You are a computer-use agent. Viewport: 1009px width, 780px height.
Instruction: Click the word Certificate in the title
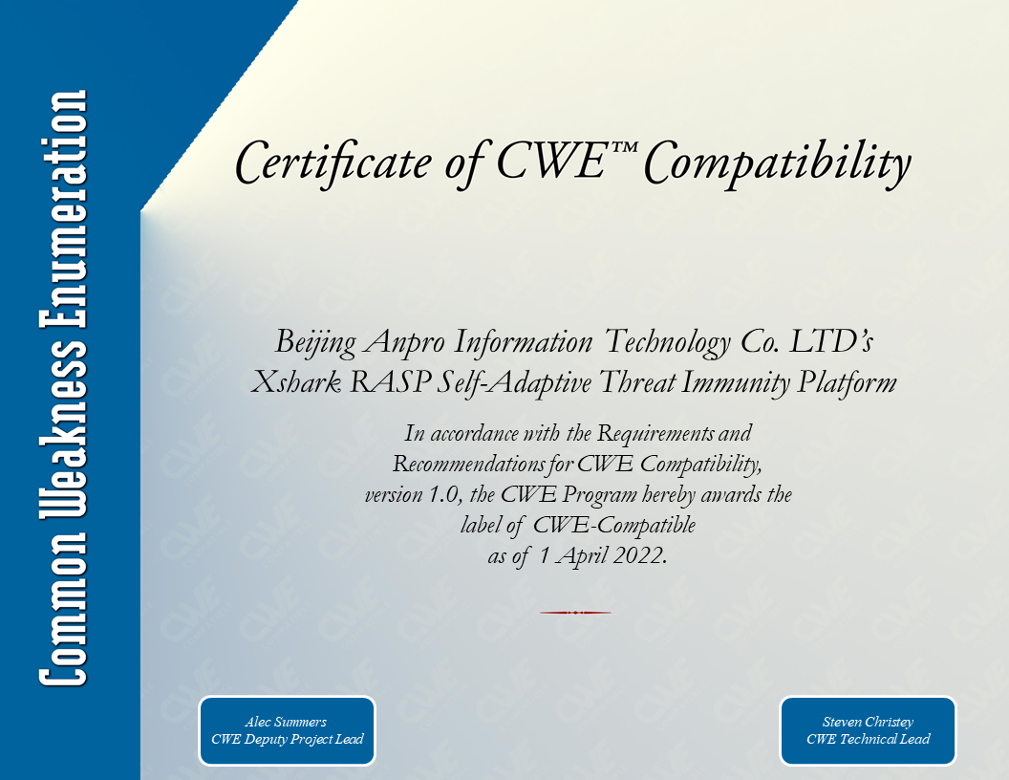coord(333,162)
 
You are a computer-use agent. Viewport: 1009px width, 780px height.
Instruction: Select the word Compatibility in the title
coord(778,163)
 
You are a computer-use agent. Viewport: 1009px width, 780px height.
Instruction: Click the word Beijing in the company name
coord(315,343)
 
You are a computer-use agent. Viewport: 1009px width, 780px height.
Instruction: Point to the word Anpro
coord(405,343)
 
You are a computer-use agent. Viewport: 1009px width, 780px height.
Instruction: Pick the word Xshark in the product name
coord(295,382)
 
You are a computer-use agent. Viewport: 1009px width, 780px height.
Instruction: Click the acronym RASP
coord(390,382)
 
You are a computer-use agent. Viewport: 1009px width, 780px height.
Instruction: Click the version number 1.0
coord(442,495)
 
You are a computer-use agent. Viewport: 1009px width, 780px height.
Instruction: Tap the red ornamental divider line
coord(575,613)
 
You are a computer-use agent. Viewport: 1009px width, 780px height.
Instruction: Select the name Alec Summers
coord(286,722)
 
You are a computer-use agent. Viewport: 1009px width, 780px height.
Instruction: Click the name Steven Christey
coord(868,722)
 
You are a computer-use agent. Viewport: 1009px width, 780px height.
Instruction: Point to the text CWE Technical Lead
coord(869,740)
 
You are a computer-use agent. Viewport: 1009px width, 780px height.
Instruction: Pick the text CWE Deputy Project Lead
coord(287,740)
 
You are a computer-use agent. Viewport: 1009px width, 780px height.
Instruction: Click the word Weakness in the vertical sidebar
coord(63,428)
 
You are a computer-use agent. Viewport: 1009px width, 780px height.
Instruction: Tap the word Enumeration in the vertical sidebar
coord(63,209)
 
